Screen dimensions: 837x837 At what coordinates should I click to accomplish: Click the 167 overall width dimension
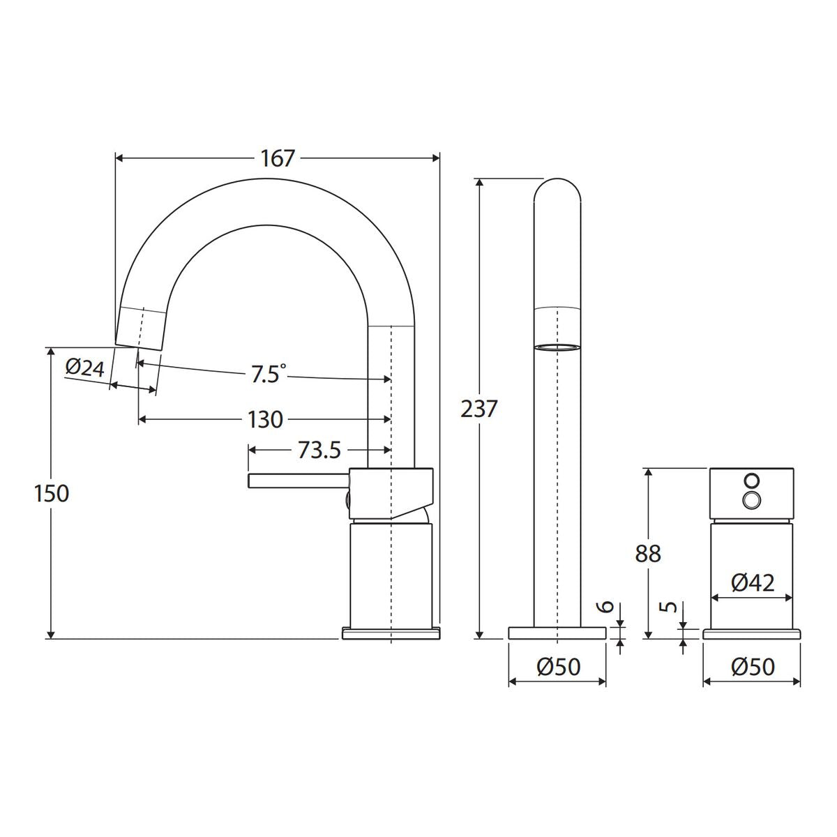pyautogui.click(x=278, y=158)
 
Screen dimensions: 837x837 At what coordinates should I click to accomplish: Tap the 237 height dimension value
pyautogui.click(x=478, y=409)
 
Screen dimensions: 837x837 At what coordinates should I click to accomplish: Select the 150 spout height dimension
pyautogui.click(x=52, y=493)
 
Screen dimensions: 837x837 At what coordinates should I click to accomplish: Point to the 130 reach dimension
pyautogui.click(x=265, y=420)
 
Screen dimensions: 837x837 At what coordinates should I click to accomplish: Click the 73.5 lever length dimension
pyautogui.click(x=319, y=450)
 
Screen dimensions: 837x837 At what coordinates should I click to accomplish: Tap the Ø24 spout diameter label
pyautogui.click(x=85, y=368)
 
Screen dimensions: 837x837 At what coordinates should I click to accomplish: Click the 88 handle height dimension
pyautogui.click(x=648, y=553)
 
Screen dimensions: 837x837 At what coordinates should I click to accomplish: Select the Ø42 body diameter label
pyautogui.click(x=753, y=583)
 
